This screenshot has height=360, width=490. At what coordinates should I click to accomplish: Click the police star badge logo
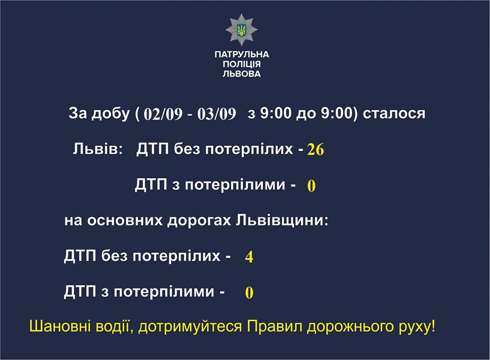click(x=241, y=30)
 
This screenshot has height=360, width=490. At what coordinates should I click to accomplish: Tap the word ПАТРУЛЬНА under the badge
click(x=241, y=54)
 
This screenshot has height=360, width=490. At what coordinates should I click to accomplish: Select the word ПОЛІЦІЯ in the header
click(x=241, y=64)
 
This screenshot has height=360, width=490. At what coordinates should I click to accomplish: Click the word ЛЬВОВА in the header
click(x=241, y=74)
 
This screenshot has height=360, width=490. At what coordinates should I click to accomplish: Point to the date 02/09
click(x=163, y=114)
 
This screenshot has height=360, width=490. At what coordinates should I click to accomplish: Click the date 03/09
click(x=216, y=114)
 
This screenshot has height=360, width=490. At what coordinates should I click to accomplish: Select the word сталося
click(x=394, y=113)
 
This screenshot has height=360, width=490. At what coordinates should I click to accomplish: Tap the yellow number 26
click(x=315, y=150)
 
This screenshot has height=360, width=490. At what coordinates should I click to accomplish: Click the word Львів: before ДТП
click(x=98, y=149)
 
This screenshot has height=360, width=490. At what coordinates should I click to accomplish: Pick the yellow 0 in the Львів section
click(x=311, y=186)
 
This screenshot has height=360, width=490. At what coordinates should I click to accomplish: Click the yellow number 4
click(x=249, y=257)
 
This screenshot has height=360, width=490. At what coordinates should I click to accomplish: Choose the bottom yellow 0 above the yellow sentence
click(x=249, y=293)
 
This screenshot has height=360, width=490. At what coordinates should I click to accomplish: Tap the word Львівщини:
click(x=282, y=221)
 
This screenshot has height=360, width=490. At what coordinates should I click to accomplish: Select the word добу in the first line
click(x=110, y=113)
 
